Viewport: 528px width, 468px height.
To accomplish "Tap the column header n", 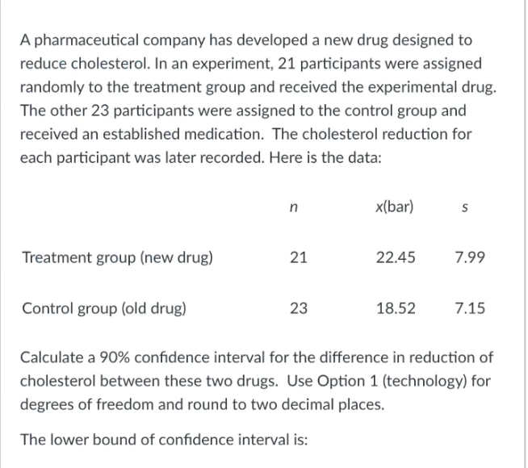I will pos(298,208).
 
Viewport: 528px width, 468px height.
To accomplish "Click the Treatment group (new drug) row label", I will pos(118,258).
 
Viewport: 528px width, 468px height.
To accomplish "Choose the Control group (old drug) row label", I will pos(104,307).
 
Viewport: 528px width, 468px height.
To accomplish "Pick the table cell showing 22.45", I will pos(396,258).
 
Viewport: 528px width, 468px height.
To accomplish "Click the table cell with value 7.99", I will pos(470,258).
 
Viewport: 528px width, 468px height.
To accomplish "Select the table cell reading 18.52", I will pos(396,307).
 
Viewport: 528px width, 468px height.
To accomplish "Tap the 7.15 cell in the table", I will pos(470,307).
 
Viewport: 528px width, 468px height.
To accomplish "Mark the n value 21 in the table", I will pos(298,258).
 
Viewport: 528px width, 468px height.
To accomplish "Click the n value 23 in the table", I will pos(298,307).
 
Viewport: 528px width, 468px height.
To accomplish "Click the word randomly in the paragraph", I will pos(52,86).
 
